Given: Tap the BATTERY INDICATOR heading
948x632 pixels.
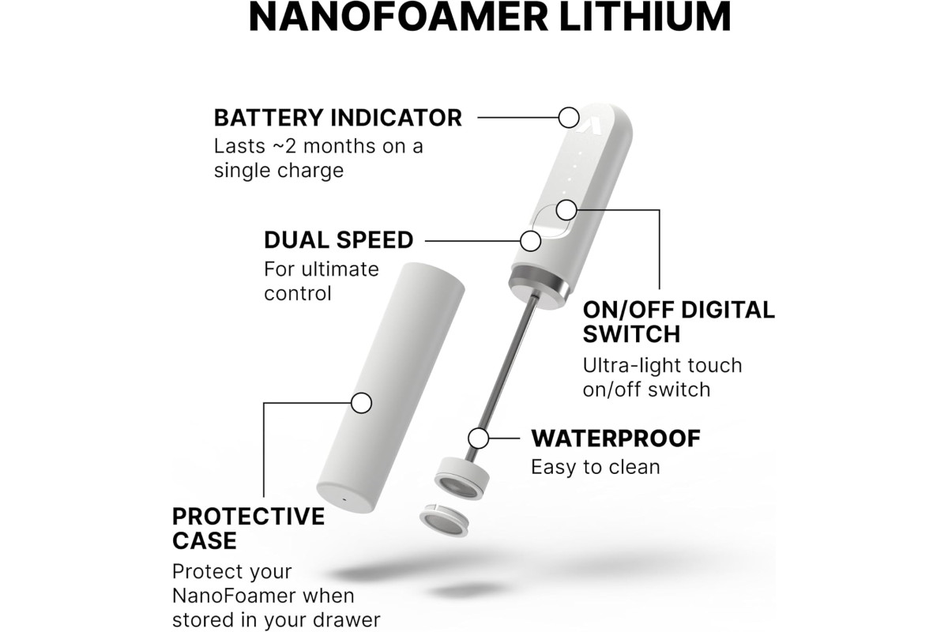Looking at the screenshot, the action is click(338, 118).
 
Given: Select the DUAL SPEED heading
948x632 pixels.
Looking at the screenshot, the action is click(339, 240).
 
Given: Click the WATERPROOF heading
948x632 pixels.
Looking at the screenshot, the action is click(615, 438).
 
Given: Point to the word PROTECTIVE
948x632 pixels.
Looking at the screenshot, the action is click(248, 517).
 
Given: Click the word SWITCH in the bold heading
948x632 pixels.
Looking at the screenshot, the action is click(631, 334).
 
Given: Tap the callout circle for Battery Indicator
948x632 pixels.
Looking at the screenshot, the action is click(569, 118).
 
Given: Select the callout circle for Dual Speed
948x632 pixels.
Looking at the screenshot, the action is click(530, 241).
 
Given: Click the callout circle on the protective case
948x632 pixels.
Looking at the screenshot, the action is click(361, 403).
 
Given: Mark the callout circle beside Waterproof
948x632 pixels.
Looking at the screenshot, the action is click(479, 438).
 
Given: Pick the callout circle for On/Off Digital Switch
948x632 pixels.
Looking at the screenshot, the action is click(566, 210).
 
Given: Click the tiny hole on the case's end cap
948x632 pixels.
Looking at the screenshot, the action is click(343, 499).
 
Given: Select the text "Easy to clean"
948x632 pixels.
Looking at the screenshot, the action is click(596, 468).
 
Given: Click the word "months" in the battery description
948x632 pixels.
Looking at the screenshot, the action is click(340, 146).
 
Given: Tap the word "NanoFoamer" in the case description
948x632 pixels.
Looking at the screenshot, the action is click(234, 596).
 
